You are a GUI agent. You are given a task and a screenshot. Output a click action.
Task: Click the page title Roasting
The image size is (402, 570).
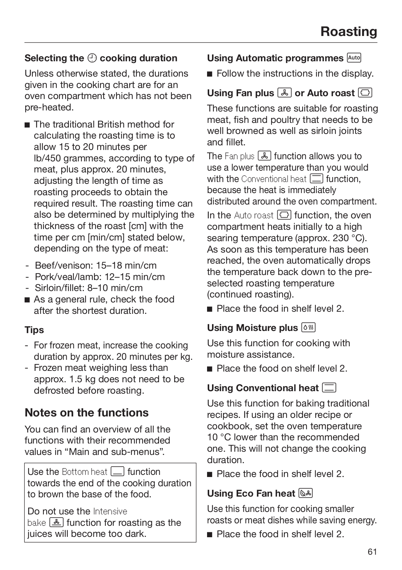pos(349,31)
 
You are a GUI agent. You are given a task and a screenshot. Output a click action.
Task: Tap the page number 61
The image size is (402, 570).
pos(372,552)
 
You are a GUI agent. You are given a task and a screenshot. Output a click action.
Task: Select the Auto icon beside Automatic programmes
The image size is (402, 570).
pos(354,58)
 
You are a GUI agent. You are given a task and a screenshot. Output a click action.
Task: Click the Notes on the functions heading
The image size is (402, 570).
pos(87,413)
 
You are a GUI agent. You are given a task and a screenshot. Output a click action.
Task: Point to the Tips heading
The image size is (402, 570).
pos(34,330)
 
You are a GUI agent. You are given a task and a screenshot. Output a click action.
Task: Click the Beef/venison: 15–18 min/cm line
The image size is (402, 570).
pos(96,265)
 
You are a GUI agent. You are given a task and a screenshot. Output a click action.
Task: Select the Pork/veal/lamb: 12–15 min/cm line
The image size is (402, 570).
pos(100,277)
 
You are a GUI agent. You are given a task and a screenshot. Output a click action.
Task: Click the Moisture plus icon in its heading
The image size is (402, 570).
pos(308,327)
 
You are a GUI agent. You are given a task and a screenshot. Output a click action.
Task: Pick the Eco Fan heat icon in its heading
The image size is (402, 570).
pos(306,493)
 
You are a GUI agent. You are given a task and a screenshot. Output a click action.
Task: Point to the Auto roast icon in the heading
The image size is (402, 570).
pos(365,93)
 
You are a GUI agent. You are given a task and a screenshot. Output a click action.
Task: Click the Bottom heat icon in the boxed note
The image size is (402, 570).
pos(117,472)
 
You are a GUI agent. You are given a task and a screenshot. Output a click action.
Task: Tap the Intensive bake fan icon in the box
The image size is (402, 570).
pos(56,523)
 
